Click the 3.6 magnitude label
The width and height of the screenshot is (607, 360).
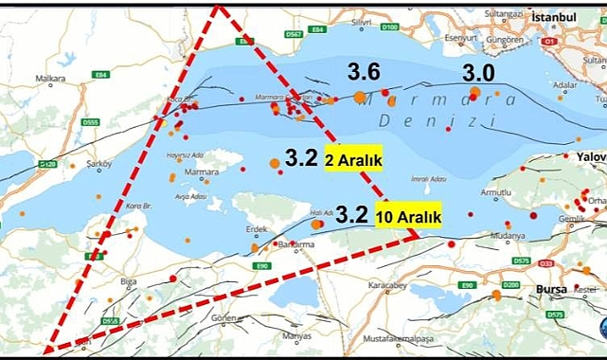pos(364,71)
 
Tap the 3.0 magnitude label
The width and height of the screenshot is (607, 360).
pos(478,72)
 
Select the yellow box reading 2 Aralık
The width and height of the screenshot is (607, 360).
pos(353,161)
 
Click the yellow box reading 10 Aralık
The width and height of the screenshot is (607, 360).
pos(409,217)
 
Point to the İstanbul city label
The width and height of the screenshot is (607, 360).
pos(554,18)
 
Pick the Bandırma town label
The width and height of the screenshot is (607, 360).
pos(294,245)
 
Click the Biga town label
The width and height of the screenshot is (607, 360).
pos(102,280)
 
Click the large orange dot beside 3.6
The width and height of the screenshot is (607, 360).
pos(360,96)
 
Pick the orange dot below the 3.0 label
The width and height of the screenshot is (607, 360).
pos(474,91)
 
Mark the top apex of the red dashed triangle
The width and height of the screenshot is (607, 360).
pos(218,7)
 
